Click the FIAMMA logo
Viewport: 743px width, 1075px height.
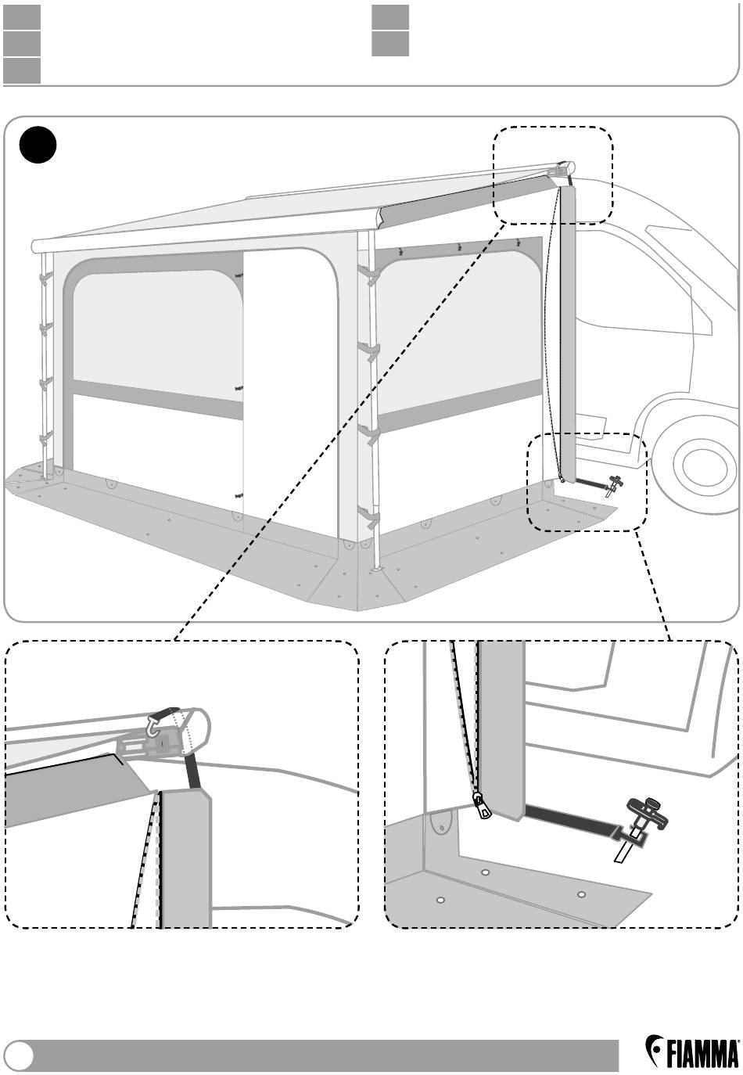tap(692, 1052)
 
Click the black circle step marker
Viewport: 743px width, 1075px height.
tap(38, 146)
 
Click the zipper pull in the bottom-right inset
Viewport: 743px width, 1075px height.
tap(485, 805)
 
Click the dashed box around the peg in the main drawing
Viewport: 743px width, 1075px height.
tap(587, 483)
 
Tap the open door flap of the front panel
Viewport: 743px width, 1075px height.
tap(289, 383)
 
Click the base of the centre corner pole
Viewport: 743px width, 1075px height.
tap(379, 570)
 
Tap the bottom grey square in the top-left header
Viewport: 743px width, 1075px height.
tap(21, 71)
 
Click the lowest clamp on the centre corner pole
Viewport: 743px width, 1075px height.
tap(368, 516)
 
